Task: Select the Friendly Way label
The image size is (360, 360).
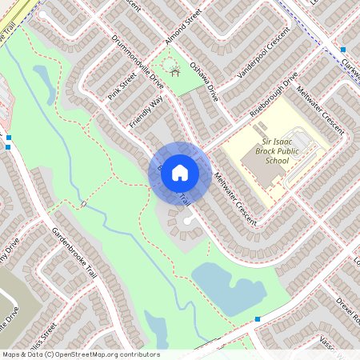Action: point(145,110)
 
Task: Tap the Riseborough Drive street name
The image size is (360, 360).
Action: point(273,94)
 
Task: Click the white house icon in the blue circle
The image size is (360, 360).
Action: point(180,173)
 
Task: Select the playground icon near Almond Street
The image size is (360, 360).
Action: point(172,66)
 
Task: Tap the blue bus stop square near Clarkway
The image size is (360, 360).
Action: point(342,50)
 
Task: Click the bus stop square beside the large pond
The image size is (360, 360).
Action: point(258,319)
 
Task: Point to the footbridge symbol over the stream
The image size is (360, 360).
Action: point(84,205)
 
